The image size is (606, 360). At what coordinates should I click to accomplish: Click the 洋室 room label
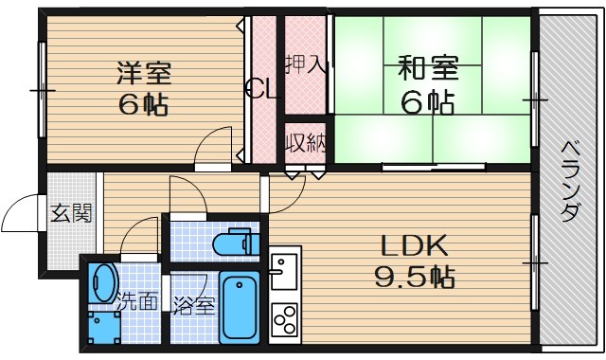(x=143, y=73)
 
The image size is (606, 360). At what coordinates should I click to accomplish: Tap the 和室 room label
(x=427, y=69)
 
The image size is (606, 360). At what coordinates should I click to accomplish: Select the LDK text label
(x=414, y=246)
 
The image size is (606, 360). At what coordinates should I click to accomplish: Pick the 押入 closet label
(x=307, y=64)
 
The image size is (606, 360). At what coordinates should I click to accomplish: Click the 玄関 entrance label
(x=71, y=213)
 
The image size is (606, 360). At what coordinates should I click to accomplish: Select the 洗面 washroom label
(x=136, y=304)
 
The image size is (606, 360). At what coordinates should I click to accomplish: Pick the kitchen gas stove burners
(x=284, y=322)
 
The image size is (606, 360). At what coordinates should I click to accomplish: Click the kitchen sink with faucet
(x=283, y=274)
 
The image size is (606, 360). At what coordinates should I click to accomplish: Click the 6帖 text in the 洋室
(x=143, y=103)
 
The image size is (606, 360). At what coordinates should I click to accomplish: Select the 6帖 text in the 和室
(x=427, y=100)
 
